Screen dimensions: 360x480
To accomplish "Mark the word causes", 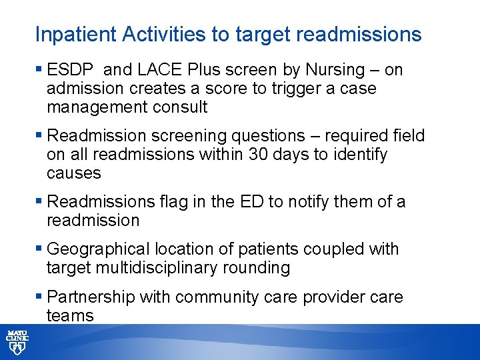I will (x=74, y=173).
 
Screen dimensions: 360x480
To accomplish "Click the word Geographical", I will (x=99, y=249).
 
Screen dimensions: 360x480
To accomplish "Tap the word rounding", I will (x=259, y=268).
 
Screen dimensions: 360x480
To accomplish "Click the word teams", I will (x=70, y=315).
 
